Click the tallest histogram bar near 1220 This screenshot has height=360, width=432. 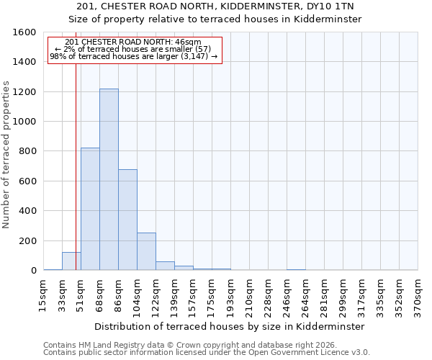point(109,180)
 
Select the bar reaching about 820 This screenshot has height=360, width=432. point(90,209)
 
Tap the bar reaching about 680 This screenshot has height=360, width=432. point(127,220)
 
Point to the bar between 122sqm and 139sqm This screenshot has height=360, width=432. point(165,266)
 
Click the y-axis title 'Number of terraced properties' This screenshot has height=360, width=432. point(6,155)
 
